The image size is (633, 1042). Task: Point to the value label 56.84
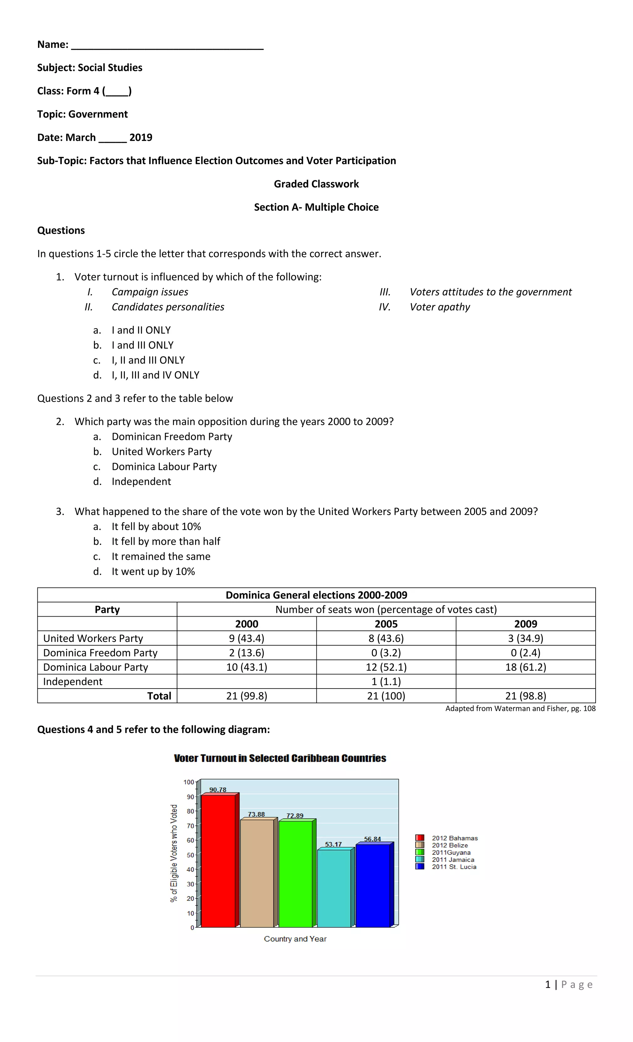(x=372, y=839)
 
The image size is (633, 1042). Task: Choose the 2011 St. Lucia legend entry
(x=454, y=867)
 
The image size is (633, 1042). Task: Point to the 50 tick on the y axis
(x=190, y=855)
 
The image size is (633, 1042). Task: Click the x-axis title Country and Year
(x=295, y=939)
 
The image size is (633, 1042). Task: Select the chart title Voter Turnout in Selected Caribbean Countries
(x=280, y=758)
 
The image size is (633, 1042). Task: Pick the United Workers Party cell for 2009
(x=525, y=638)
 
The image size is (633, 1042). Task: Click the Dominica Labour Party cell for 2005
(x=386, y=667)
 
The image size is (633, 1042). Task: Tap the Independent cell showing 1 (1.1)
(x=386, y=681)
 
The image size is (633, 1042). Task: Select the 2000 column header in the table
(x=246, y=624)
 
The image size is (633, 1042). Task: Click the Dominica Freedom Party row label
(x=100, y=652)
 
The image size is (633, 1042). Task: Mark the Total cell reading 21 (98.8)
(x=525, y=696)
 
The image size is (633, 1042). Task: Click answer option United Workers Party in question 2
(x=161, y=452)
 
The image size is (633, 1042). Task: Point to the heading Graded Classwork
(x=316, y=184)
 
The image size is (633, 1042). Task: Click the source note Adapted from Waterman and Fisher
(x=520, y=708)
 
